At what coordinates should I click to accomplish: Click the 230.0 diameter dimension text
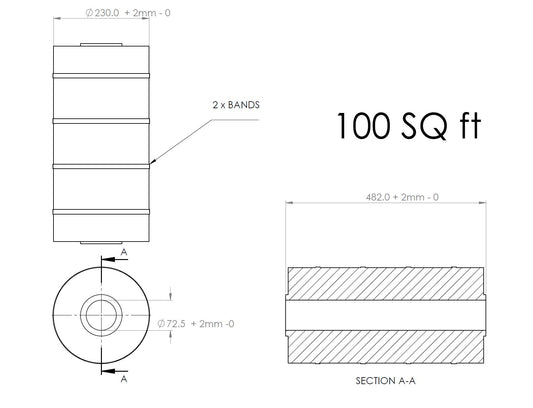pyautogui.click(x=127, y=13)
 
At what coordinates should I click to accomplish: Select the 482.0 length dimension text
pyautogui.click(x=402, y=197)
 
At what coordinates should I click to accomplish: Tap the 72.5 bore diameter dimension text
pyautogui.click(x=196, y=323)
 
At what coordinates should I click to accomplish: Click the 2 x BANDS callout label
pyautogui.click(x=236, y=105)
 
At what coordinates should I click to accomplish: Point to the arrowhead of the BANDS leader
pyautogui.click(x=152, y=162)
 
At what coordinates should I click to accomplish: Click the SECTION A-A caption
pyautogui.click(x=385, y=381)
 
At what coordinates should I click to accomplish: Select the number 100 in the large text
pyautogui.click(x=363, y=126)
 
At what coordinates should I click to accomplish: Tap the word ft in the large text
pyautogui.click(x=470, y=125)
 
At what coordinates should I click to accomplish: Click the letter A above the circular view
pyautogui.click(x=124, y=252)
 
